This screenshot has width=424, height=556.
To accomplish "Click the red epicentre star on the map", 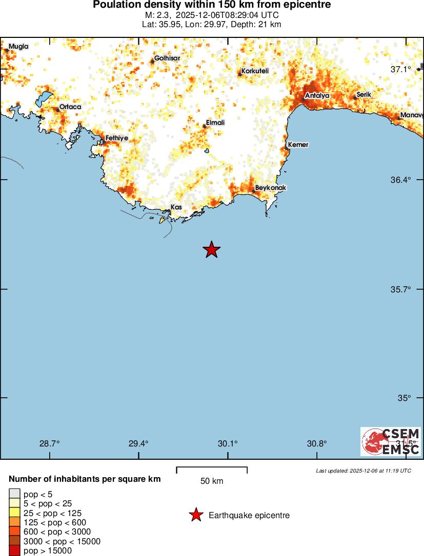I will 211,250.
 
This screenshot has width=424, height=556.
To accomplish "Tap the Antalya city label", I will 317,96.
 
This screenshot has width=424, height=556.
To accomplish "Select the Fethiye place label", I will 116,138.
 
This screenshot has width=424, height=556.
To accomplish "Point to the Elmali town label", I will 215,123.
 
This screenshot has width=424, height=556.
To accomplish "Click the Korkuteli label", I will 255,71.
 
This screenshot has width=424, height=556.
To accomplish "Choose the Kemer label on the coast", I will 298,145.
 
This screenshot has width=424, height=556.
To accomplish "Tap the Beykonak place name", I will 271,188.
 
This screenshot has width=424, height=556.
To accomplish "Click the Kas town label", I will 176,207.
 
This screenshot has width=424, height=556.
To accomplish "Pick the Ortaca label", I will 70,107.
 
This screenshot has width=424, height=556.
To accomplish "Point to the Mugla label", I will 18,47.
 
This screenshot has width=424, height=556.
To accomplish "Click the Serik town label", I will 364,94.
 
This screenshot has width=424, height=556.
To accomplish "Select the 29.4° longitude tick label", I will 138,443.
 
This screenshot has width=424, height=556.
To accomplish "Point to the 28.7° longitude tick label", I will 50,443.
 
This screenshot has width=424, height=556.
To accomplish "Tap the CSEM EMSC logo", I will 391,441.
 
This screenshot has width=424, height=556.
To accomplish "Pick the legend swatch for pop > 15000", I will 14,551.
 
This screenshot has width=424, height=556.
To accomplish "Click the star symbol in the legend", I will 195,515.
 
